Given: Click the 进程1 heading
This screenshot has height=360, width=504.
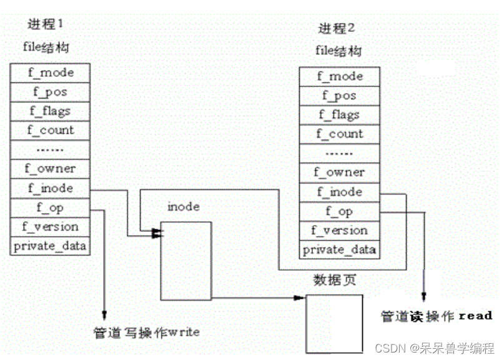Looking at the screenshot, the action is (x=45, y=24).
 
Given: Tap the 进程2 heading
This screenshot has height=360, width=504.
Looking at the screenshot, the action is (x=336, y=28).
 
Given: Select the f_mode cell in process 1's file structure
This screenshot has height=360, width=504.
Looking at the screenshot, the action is (x=50, y=73).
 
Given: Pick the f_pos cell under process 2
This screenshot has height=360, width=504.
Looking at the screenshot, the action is (x=339, y=96).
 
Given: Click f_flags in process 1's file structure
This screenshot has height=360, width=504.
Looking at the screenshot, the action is (x=50, y=112).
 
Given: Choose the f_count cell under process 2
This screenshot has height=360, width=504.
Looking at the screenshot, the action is (x=339, y=134).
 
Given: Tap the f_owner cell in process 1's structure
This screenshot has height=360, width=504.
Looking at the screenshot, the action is (x=50, y=169).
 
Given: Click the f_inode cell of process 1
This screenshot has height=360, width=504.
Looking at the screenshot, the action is (x=50, y=188).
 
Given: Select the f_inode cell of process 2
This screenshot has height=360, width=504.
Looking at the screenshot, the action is (x=339, y=192).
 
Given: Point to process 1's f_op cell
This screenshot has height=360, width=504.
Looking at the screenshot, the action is (x=50, y=208).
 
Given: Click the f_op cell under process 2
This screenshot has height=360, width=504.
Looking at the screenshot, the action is (x=339, y=212).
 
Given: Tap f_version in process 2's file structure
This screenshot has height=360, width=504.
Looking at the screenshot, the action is (x=339, y=231).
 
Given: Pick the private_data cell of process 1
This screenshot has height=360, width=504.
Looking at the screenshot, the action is (x=50, y=246).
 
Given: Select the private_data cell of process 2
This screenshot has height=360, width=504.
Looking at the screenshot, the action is (x=339, y=249).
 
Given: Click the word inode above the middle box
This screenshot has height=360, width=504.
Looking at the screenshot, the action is (x=184, y=206).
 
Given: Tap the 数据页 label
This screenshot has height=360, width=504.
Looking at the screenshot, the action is (x=335, y=280).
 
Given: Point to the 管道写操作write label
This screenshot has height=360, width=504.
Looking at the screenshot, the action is (x=147, y=332).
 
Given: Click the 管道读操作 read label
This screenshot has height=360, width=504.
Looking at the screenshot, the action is (x=437, y=316).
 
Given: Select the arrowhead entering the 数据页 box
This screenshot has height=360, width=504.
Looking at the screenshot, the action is (x=300, y=298).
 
